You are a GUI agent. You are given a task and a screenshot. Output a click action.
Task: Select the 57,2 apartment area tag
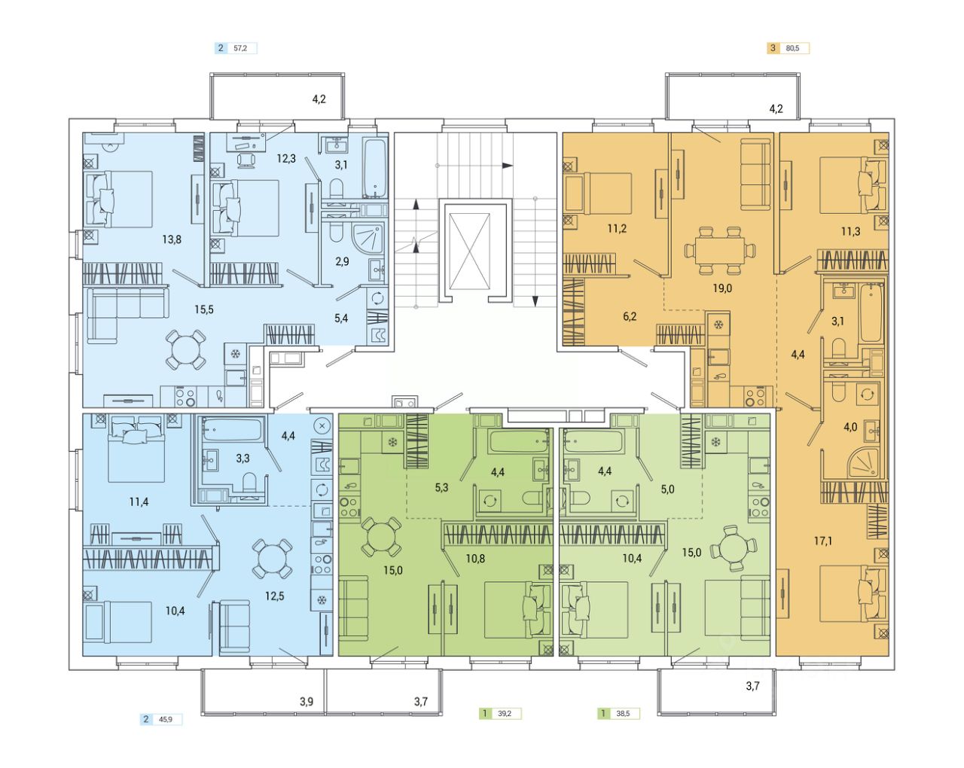tap(236, 48)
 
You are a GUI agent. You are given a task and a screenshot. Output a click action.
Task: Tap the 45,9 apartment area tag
tap(161, 720)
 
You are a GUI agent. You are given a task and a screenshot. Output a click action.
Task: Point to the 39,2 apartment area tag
tap(500, 713)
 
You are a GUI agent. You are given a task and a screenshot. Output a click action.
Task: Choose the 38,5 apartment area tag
tap(618, 713)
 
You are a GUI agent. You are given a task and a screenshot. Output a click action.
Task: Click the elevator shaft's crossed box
tap(469, 251)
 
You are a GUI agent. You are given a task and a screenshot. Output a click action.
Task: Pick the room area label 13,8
tap(172, 239)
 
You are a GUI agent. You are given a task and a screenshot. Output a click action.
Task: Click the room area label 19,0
tap(722, 288)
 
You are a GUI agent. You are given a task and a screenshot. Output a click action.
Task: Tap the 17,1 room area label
tap(823, 541)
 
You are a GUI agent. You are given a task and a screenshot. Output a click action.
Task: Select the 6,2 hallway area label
tap(630, 316)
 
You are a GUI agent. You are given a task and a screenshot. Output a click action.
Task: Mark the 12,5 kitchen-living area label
tap(274, 596)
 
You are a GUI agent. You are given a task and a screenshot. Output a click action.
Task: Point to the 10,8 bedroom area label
tap(474, 559)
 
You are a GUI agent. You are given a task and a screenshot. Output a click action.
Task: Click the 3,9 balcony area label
tap(307, 702)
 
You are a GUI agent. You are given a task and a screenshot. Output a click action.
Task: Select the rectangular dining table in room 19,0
tap(720, 251)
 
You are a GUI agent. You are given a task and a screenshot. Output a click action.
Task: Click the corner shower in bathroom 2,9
tap(368, 242)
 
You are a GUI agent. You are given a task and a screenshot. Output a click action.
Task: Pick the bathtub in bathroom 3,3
tap(232, 429)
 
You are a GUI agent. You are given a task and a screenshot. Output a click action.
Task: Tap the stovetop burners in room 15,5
tap(185, 398)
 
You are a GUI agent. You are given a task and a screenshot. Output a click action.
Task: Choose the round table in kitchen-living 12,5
tap(272, 558)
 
